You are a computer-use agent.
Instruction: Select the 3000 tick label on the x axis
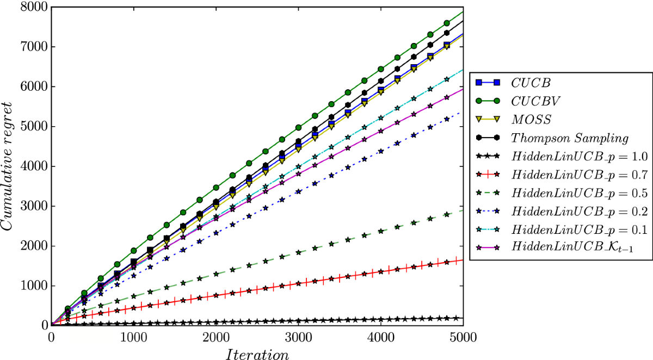pyautogui.click(x=298, y=337)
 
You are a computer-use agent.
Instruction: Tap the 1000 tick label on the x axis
pyautogui.click(x=133, y=337)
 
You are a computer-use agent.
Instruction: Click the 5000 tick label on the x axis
pyautogui.click(x=462, y=337)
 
